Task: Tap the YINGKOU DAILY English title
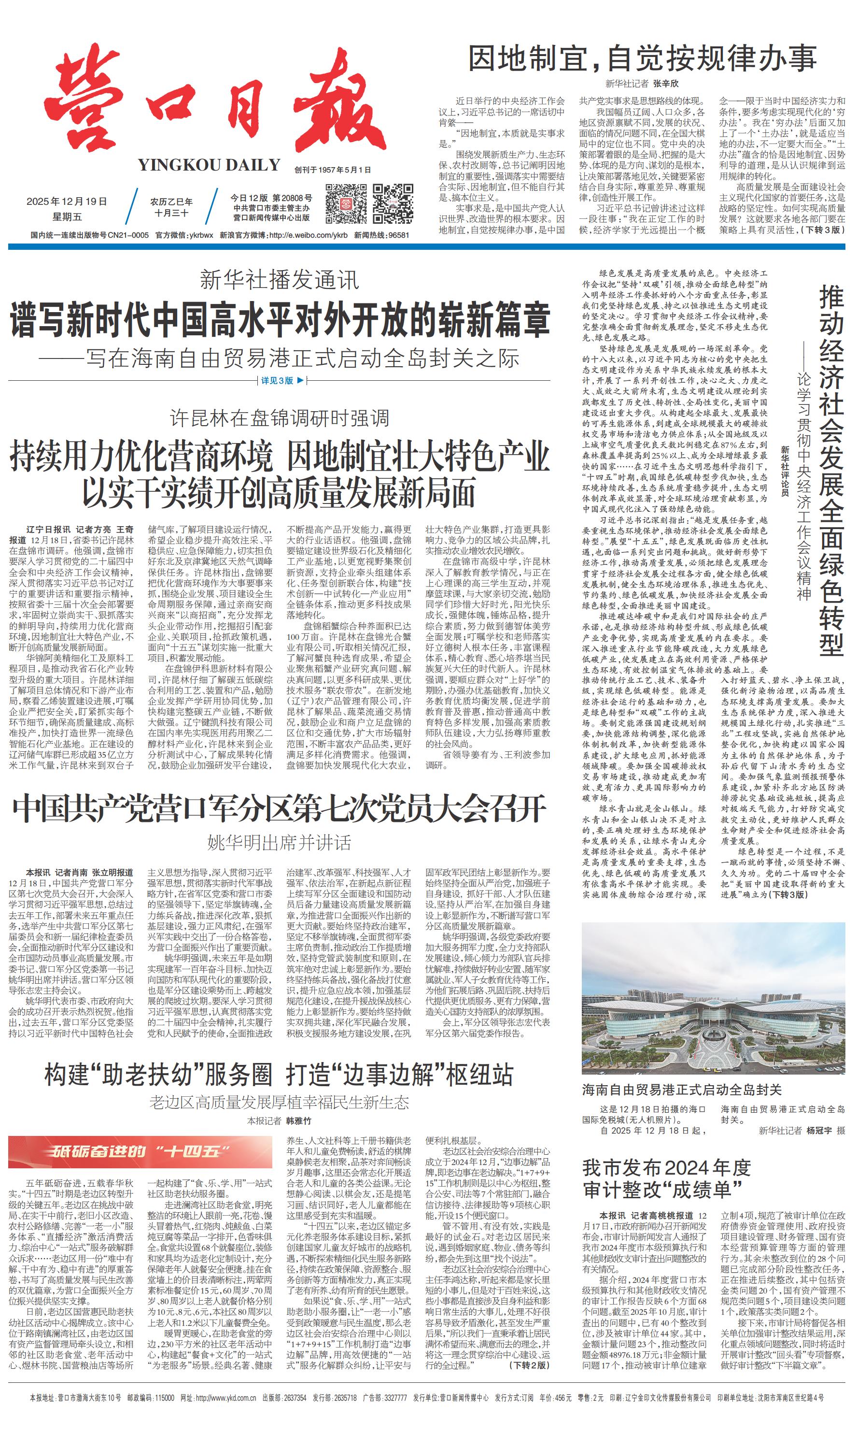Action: (x=209, y=165)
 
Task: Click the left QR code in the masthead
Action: (x=345, y=203)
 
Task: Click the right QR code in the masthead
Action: (x=393, y=203)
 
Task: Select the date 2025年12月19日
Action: (x=67, y=201)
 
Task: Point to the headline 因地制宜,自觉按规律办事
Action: (x=642, y=59)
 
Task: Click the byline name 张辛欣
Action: (x=666, y=84)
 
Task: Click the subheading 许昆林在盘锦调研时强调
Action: (x=279, y=418)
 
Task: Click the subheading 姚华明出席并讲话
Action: (x=279, y=843)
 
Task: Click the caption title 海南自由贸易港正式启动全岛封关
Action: (x=681, y=1090)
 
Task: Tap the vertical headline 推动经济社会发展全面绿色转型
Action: (x=831, y=471)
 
